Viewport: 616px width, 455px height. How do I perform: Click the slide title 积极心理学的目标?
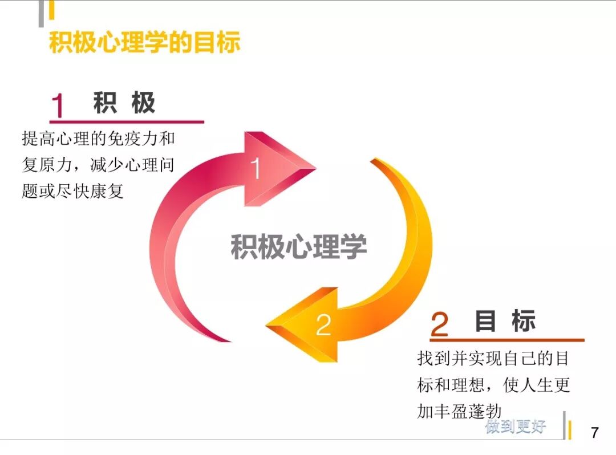[x=145, y=43]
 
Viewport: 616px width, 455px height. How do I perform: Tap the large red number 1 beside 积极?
[x=58, y=106]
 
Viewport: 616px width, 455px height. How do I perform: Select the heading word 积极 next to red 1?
[x=124, y=103]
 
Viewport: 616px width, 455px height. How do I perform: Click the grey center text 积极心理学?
[x=298, y=246]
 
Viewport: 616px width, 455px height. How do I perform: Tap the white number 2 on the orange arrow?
[x=323, y=325]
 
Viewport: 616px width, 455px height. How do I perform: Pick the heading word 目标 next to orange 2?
[x=505, y=322]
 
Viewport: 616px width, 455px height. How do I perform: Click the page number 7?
[x=595, y=432]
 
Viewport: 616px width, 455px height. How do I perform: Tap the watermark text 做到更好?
[x=516, y=426]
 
